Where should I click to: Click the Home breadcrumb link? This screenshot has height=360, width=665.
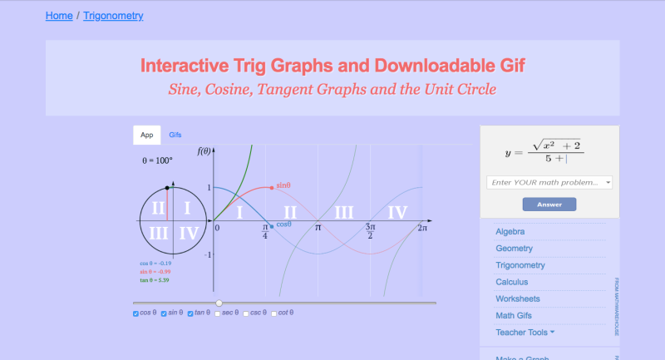58,15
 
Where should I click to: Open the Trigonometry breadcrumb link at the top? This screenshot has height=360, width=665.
113,15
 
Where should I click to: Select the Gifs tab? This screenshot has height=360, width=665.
175,135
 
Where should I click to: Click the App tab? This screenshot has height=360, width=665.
147,135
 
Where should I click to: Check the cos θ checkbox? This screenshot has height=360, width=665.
136,313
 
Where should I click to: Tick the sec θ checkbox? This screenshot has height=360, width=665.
218,313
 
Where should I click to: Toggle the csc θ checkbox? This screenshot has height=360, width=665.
246,313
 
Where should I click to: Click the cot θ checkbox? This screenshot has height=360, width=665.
274,313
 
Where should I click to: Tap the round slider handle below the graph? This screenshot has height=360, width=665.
219,303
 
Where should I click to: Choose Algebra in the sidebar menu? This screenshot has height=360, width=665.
510,231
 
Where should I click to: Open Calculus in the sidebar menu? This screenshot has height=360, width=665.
512,282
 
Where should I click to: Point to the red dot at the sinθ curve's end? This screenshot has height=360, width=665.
272,187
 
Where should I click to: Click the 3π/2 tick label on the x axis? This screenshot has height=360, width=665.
370,230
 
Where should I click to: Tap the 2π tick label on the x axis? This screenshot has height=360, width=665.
422,227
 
